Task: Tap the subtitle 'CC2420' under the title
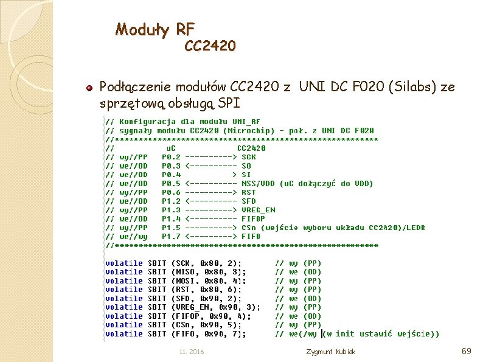point(210,46)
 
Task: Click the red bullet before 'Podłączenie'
point(89,88)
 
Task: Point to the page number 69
point(467,351)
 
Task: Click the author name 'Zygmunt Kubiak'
point(332,352)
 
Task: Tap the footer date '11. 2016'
point(192,352)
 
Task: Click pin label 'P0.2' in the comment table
point(171,156)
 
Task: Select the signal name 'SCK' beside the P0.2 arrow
point(249,156)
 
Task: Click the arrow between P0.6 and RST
point(210,192)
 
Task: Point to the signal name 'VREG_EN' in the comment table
point(258,210)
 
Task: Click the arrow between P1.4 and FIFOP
point(210,218)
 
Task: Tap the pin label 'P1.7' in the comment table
point(171,236)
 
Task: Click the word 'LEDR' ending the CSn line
point(415,228)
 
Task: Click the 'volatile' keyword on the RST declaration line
point(124,289)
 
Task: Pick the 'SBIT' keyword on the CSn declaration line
point(158,324)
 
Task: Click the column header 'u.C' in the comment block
point(172,148)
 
